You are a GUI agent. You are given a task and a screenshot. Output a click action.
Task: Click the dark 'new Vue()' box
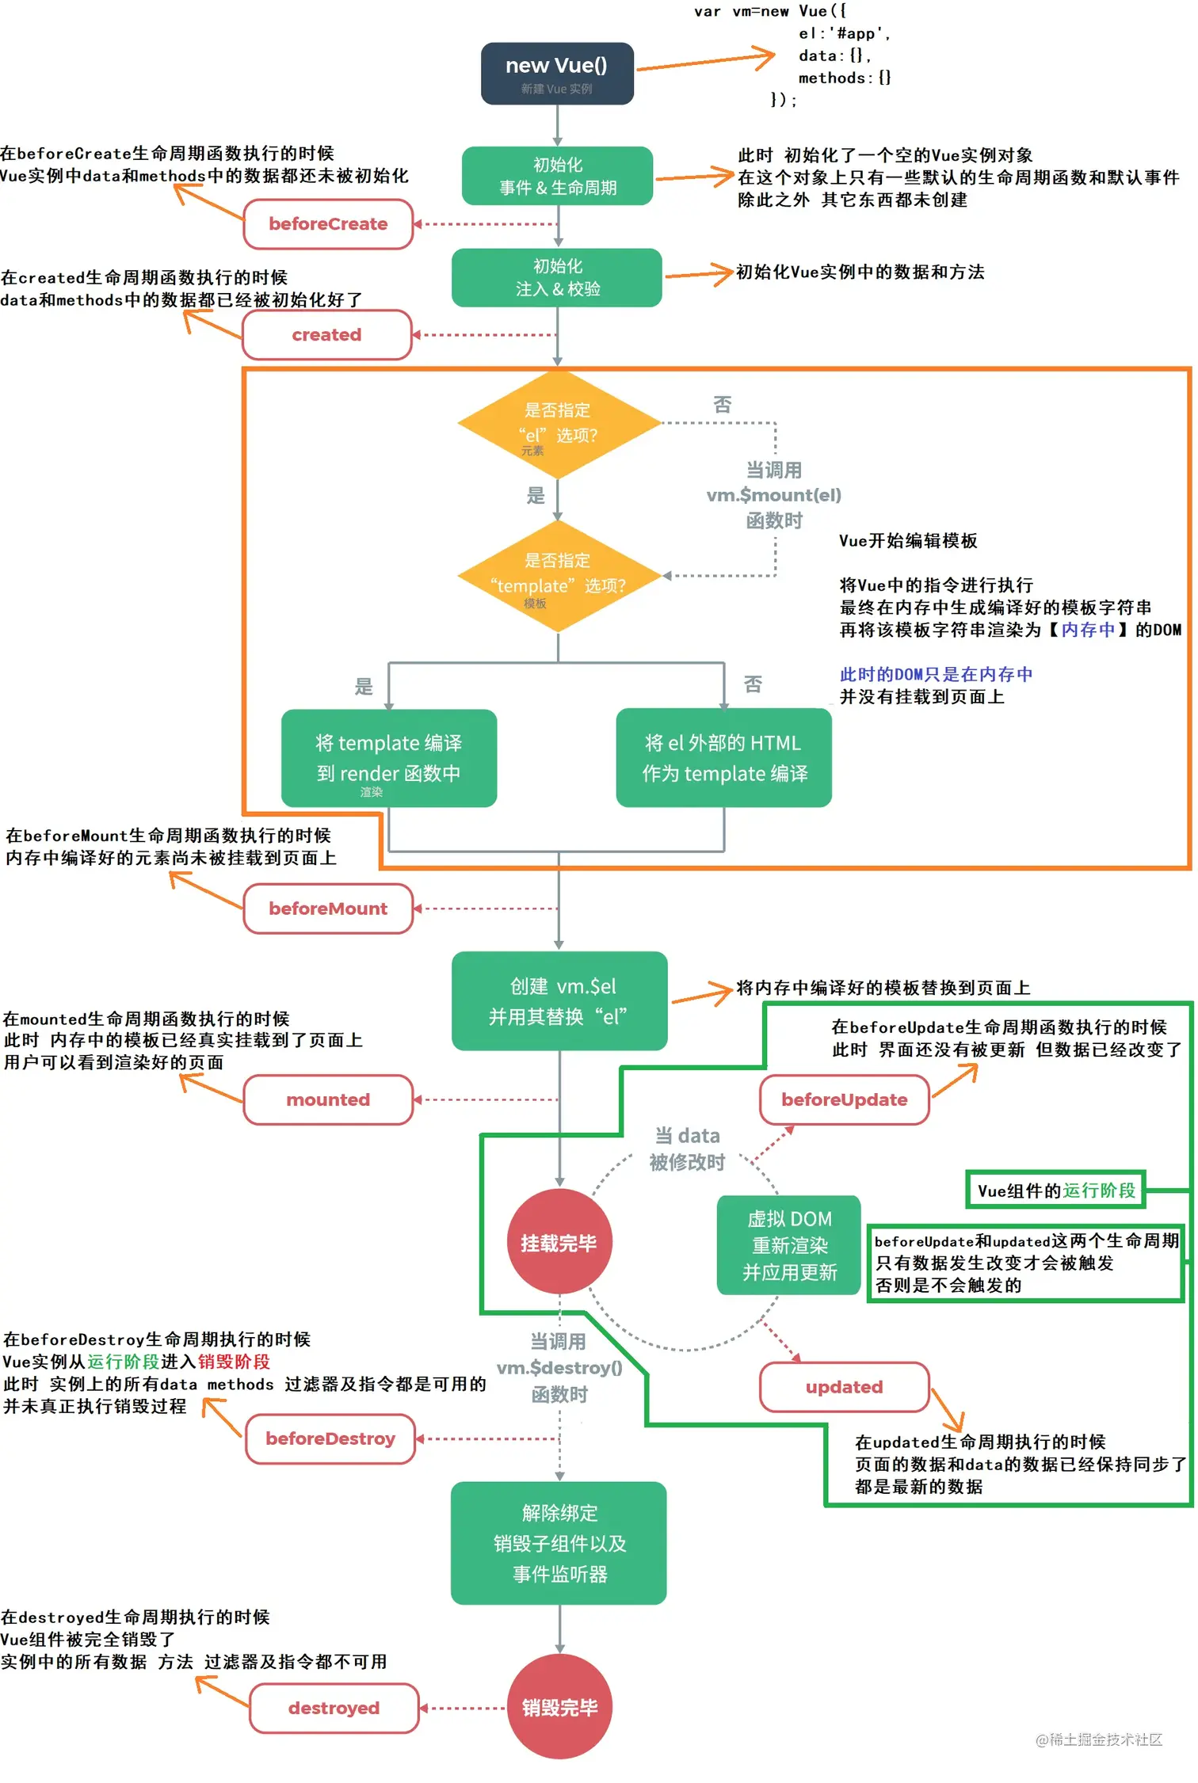[557, 73]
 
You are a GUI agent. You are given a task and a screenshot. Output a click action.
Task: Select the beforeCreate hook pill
[328, 224]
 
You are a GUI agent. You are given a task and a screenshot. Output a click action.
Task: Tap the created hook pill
[326, 335]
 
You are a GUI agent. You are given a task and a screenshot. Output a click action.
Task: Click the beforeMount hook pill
[328, 909]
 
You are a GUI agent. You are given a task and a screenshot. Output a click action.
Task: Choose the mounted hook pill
[328, 1099]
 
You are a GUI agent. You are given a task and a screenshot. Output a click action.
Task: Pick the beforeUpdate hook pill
[844, 1099]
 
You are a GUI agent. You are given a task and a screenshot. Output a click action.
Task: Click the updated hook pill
[844, 1387]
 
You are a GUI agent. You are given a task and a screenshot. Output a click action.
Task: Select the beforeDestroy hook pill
[330, 1438]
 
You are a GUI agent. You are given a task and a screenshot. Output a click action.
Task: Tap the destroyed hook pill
[334, 1708]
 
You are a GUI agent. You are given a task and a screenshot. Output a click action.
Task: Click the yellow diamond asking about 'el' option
[559, 425]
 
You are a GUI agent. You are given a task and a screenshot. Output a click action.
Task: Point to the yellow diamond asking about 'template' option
[559, 576]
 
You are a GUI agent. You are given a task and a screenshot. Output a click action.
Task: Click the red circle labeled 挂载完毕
[559, 1242]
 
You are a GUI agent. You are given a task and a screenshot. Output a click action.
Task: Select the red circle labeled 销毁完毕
[559, 1707]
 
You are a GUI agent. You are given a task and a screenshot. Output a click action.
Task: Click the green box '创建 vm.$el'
[559, 1001]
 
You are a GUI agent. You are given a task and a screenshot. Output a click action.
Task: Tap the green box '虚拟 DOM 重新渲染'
[789, 1245]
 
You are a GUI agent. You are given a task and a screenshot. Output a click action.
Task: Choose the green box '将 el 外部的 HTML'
[723, 758]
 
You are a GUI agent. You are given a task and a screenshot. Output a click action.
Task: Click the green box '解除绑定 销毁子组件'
[559, 1543]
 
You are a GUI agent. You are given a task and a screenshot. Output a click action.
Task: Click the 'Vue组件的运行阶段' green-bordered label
[1055, 1191]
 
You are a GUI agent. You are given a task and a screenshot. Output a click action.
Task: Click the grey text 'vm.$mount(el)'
[773, 495]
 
